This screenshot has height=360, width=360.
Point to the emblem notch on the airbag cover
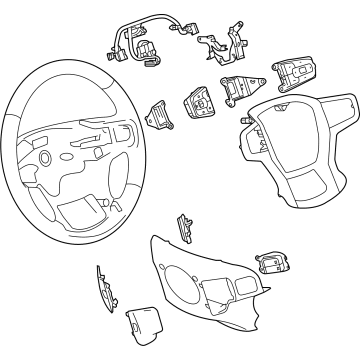tap(285, 112)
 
